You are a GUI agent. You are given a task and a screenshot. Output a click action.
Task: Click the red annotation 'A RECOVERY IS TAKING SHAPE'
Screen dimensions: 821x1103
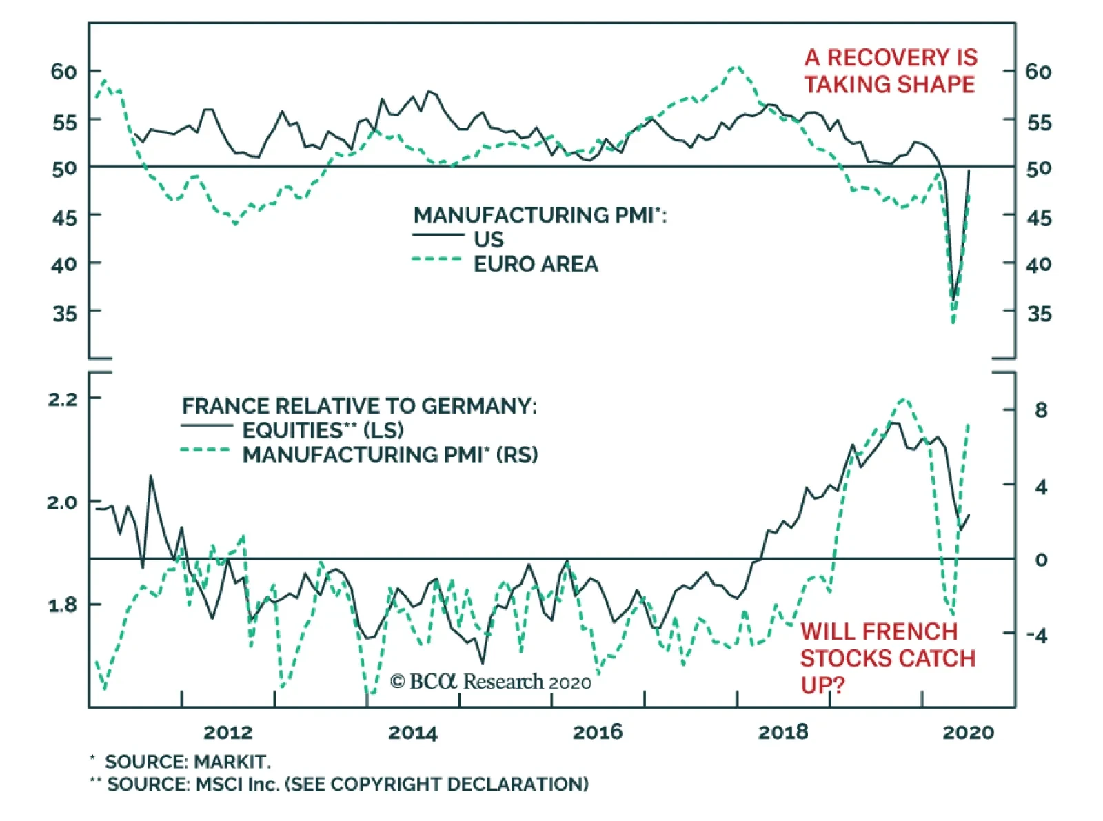click(x=890, y=71)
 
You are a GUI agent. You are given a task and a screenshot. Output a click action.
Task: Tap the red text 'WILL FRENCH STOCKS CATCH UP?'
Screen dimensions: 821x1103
click(x=887, y=658)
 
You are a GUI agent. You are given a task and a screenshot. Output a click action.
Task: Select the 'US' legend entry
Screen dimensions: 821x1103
click(x=488, y=239)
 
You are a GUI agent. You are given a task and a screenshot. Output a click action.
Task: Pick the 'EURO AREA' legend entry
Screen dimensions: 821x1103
click(x=535, y=264)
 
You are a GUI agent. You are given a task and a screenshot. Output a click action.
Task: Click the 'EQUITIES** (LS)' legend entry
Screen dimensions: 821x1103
click(x=323, y=430)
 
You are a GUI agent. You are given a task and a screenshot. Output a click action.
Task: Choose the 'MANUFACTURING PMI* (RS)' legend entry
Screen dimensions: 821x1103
click(x=389, y=455)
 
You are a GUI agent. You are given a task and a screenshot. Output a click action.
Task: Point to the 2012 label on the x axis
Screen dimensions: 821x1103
click(x=228, y=732)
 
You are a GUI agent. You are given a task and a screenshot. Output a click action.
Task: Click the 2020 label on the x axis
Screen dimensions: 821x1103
click(x=968, y=732)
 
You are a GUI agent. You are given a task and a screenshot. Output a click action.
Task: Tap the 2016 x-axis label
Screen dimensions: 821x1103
click(x=598, y=732)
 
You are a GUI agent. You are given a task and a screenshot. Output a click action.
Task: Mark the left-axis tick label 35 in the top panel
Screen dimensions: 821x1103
click(x=65, y=314)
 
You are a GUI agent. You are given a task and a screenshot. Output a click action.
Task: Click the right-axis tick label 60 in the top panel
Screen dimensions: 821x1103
click(x=1038, y=71)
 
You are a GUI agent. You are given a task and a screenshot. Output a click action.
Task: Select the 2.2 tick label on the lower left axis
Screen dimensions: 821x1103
click(x=63, y=399)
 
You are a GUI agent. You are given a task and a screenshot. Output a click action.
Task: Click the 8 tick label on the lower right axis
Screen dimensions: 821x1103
click(x=1041, y=410)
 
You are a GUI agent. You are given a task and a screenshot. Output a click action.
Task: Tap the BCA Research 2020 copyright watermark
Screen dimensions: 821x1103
click(x=490, y=682)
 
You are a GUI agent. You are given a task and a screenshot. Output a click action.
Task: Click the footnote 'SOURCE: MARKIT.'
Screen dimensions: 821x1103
click(x=187, y=762)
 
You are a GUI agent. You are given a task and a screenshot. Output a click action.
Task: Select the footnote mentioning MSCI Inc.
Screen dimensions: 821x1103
click(x=347, y=784)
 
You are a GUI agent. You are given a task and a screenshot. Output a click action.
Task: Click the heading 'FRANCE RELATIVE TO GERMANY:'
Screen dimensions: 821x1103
click(x=358, y=405)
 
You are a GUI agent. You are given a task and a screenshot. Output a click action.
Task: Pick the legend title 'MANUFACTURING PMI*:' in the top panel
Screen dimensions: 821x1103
click(x=540, y=215)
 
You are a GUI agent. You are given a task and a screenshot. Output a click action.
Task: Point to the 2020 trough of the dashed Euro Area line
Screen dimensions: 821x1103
click(x=953, y=322)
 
